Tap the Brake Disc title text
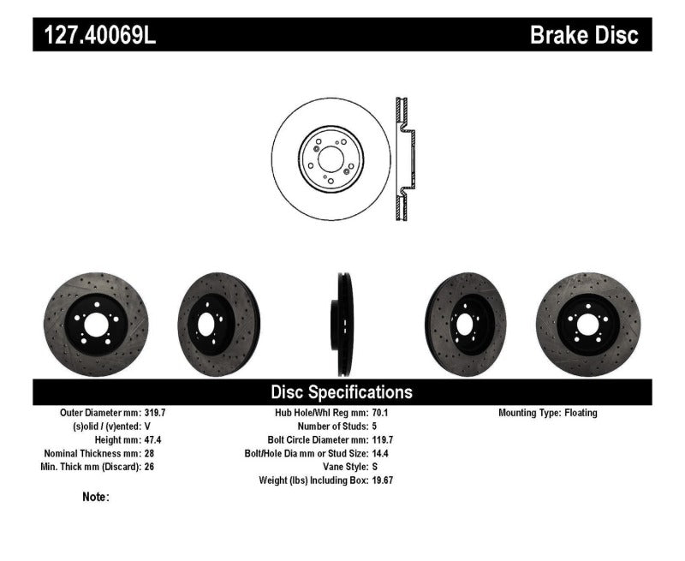(x=584, y=36)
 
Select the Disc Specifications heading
(x=342, y=392)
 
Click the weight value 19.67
(x=385, y=480)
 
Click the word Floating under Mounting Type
(x=581, y=413)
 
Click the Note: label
(x=96, y=497)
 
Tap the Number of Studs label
(x=332, y=427)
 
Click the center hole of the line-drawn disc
(x=331, y=157)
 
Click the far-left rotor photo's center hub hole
(x=95, y=324)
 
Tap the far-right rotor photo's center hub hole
(x=588, y=324)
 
